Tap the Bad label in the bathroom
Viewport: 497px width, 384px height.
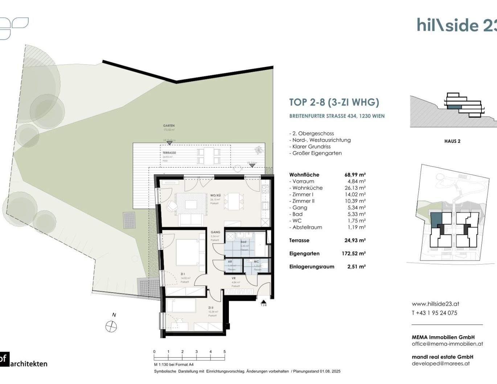click(243, 242)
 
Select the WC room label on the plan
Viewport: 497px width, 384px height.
click(256, 262)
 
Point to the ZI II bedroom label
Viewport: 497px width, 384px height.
click(211, 308)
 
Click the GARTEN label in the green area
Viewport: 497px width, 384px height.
click(169, 126)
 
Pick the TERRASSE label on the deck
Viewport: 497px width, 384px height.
click(169, 153)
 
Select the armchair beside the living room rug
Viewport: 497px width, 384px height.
click(172, 206)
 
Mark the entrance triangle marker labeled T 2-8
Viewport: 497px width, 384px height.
click(263, 301)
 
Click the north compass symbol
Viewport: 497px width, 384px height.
click(111, 326)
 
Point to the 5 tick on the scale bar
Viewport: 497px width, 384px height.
click(225, 352)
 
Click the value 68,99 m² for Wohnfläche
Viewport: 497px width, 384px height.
click(355, 175)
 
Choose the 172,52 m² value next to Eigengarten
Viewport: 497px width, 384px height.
click(353, 254)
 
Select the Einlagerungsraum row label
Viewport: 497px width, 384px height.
click(312, 267)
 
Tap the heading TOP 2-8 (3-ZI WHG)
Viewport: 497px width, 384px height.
click(334, 103)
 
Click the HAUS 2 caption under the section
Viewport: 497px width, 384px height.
click(452, 141)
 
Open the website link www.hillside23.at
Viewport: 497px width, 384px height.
click(435, 304)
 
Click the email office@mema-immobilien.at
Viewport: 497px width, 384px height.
click(447, 344)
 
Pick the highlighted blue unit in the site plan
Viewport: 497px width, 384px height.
click(436, 219)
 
